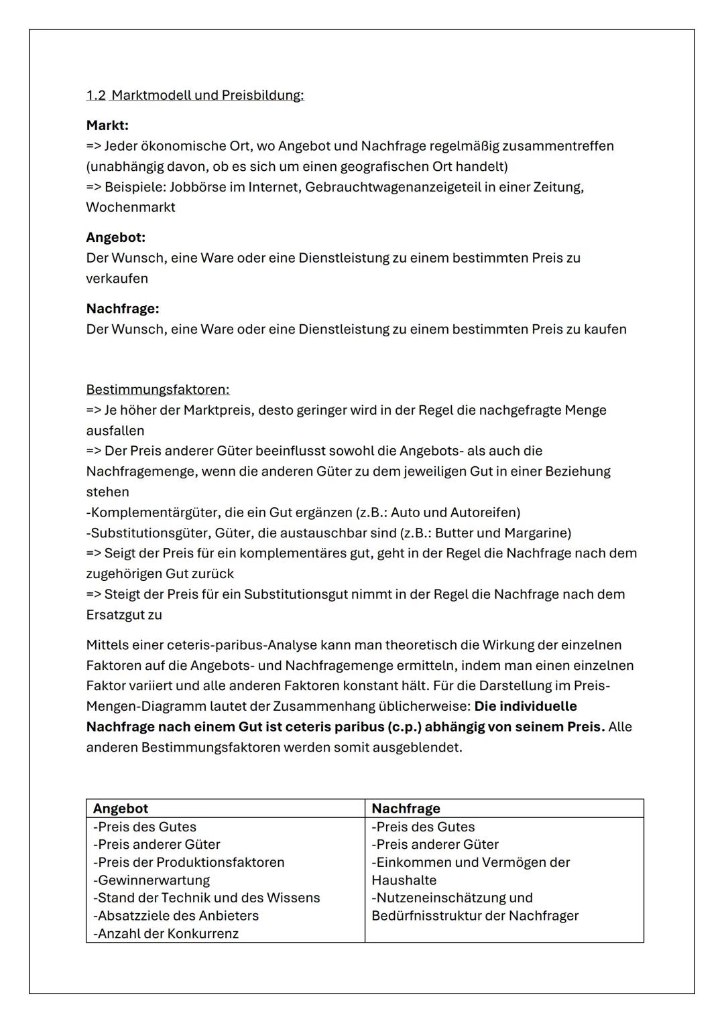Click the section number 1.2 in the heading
96,95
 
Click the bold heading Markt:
107,125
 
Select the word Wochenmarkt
130,207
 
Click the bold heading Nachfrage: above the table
123,309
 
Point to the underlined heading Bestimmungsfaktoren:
158,390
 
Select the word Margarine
537,533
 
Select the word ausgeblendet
422,747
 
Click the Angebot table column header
121,809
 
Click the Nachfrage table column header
406,809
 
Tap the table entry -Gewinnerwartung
152,880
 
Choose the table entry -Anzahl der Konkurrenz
166,934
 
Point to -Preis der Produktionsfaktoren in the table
188,862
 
